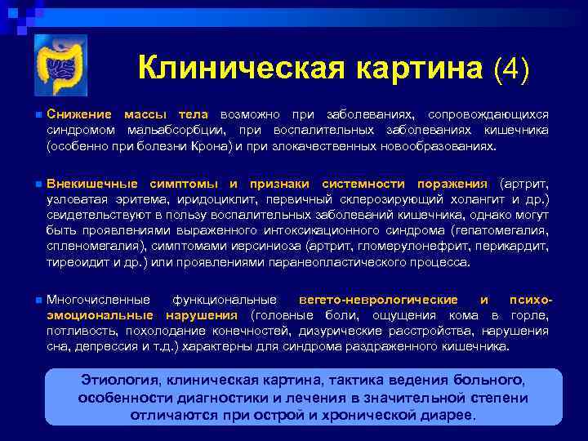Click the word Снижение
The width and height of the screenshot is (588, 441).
tap(78, 115)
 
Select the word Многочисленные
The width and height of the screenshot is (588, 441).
tap(98, 301)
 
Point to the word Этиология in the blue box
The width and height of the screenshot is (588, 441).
tap(119, 381)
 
